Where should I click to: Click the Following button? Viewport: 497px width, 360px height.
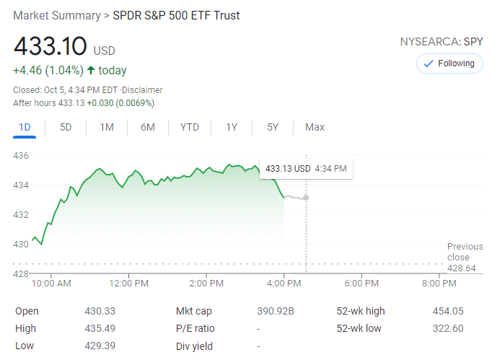[x=449, y=63]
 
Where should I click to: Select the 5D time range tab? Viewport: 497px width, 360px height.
[x=66, y=128]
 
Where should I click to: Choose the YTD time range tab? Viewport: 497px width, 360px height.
[x=190, y=128]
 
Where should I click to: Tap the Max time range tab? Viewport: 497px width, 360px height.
[x=315, y=128]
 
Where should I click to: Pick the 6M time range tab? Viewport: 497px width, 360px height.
[x=148, y=128]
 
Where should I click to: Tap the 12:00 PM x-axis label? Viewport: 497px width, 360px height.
[x=129, y=284]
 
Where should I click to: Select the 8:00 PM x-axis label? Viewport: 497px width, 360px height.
[x=439, y=284]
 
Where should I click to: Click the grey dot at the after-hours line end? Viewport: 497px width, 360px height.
[x=306, y=198]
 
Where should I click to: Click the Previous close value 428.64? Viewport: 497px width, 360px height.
[x=461, y=268]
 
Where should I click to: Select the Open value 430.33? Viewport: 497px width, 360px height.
[x=100, y=311]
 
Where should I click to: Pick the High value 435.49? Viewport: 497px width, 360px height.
[x=100, y=329]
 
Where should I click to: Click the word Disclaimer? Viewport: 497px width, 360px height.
[x=143, y=90]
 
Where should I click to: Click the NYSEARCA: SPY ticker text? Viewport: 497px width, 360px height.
[x=441, y=42]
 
